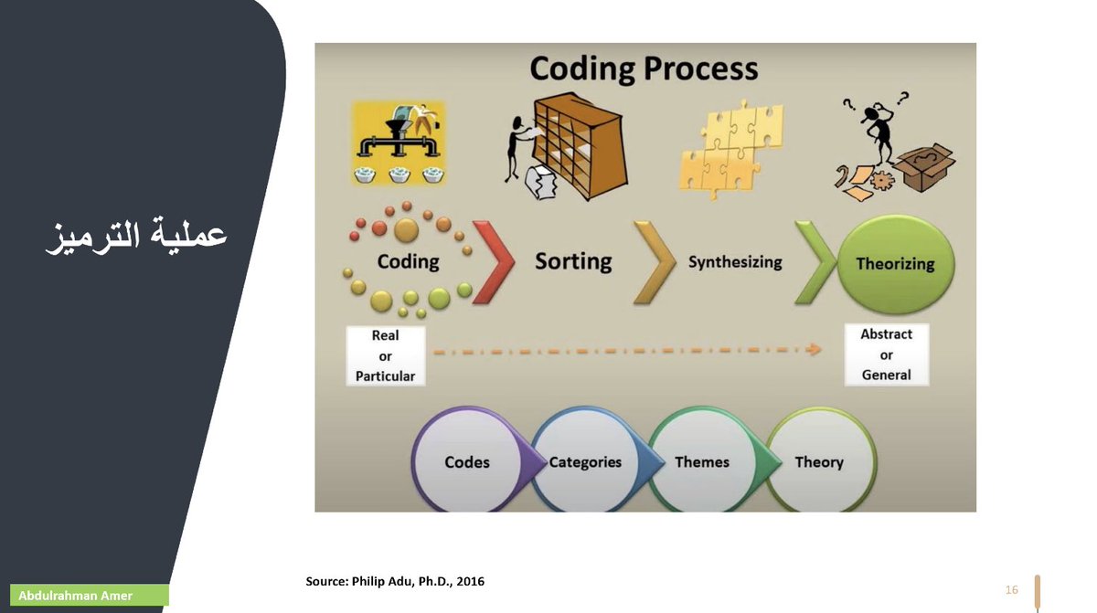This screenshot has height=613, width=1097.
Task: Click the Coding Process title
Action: click(x=644, y=69)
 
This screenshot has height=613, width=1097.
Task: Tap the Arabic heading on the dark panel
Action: click(x=137, y=235)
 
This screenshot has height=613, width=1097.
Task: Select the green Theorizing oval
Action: click(x=895, y=264)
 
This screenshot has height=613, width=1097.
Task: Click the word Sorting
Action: click(x=573, y=261)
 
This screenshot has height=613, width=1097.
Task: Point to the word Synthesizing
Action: click(x=735, y=262)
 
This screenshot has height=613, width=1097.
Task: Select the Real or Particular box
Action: click(x=385, y=355)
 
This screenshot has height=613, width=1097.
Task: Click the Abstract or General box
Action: click(x=886, y=354)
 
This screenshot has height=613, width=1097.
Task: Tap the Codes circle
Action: click(x=466, y=462)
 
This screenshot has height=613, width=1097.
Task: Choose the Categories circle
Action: click(x=585, y=462)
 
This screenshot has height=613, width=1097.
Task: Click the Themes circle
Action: click(x=702, y=462)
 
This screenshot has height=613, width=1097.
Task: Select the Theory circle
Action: click(x=819, y=462)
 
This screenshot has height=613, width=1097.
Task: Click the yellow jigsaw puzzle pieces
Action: click(x=730, y=146)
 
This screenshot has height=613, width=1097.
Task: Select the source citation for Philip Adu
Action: click(x=395, y=581)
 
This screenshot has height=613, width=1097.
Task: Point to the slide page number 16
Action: click(x=1011, y=590)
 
